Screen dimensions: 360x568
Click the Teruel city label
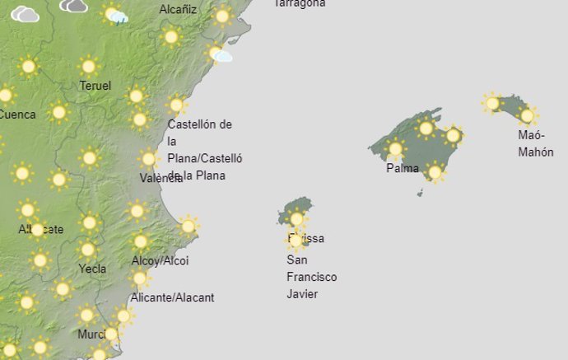click(95, 86)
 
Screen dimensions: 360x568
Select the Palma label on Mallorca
click(402, 169)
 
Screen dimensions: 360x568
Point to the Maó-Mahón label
click(536, 143)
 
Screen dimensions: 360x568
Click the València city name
click(161, 178)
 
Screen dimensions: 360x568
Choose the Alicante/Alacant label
click(173, 297)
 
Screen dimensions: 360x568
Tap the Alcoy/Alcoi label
click(160, 261)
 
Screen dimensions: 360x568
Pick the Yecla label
click(92, 269)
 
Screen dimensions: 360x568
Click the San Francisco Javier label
click(311, 277)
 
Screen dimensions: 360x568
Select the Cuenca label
click(16, 115)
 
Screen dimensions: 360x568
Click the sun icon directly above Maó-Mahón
click(528, 115)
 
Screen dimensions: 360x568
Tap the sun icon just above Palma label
click(395, 149)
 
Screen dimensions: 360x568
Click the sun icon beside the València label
click(149, 159)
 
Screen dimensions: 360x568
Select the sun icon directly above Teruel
click(88, 67)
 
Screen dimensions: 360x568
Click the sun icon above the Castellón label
click(176, 105)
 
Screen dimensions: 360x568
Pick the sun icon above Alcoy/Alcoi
click(141, 241)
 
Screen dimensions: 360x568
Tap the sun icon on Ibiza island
click(297, 219)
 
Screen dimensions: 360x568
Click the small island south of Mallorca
click(420, 194)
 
